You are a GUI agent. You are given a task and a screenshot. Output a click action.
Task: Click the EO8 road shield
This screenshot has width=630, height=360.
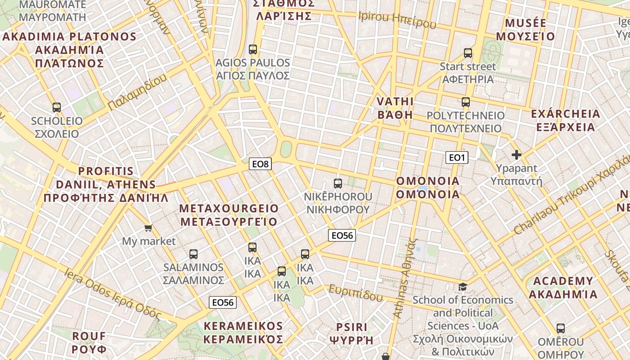click(x=260, y=164)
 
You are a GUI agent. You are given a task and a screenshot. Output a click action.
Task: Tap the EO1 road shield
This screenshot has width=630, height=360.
click(x=457, y=157)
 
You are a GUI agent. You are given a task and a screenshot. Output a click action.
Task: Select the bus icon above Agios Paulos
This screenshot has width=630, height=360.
click(x=253, y=49)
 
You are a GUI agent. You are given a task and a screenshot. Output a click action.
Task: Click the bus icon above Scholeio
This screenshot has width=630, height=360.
click(x=57, y=108)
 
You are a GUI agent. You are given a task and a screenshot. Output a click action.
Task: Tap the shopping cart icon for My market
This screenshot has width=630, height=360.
click(x=148, y=228)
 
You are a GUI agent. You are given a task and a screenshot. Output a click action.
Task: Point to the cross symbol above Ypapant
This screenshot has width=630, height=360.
click(x=517, y=155)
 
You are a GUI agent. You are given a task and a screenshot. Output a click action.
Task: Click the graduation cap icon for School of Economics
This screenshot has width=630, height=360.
click(x=463, y=287)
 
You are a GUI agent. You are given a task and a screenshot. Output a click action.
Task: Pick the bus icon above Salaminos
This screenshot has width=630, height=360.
click(x=193, y=254)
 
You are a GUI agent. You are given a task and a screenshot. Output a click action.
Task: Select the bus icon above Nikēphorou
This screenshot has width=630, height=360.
click(x=338, y=184)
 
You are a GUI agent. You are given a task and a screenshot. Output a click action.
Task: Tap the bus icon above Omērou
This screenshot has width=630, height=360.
click(x=561, y=328)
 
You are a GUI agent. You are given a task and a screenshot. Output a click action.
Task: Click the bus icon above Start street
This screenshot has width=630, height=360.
click(x=468, y=53)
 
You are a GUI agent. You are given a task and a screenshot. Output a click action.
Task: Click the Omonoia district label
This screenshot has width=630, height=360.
click(x=427, y=188)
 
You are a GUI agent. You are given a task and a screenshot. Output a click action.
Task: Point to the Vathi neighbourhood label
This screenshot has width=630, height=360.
click(x=395, y=108)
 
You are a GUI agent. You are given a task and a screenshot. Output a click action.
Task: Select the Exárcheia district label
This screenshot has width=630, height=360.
click(x=566, y=120)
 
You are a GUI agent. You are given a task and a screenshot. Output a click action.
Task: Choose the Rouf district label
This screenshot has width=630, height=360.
click(x=89, y=342)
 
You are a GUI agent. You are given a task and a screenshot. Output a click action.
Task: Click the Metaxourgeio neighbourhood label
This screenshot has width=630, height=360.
click(x=229, y=215)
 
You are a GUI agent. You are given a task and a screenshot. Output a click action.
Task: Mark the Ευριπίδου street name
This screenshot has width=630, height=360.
click(x=355, y=293)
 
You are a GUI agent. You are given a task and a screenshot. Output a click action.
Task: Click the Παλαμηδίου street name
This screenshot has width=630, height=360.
click(x=137, y=92)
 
